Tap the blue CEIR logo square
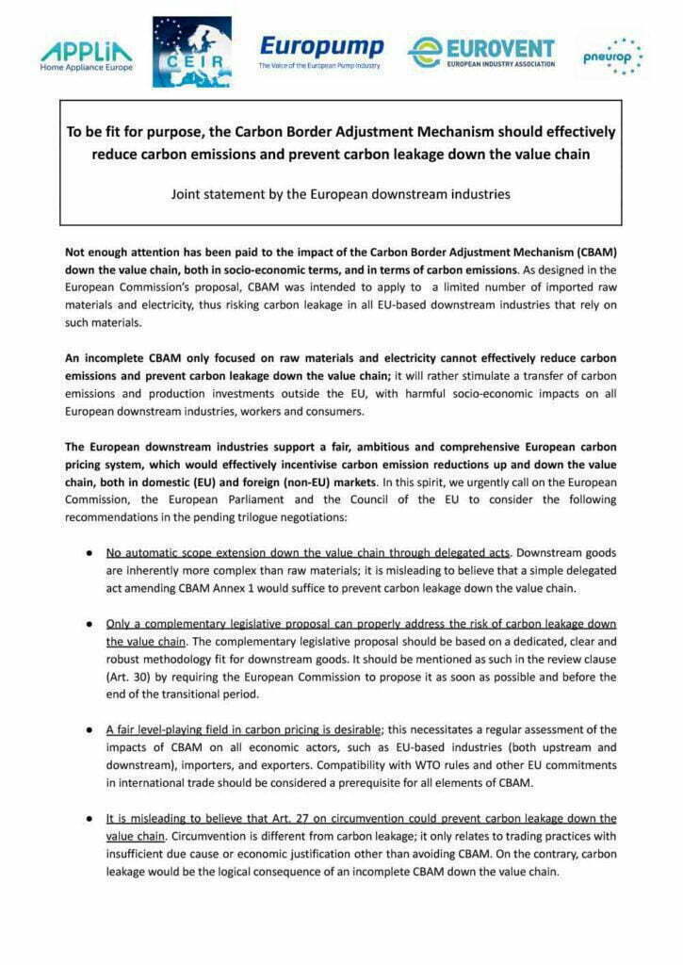click(191, 52)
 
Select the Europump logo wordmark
click(321, 47)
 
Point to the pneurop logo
click(613, 57)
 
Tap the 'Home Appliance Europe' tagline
click(87, 69)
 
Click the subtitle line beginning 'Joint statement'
click(340, 194)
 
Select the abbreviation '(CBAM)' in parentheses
click(593, 253)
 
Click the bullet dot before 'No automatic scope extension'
click(89, 552)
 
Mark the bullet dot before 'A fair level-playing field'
click(89, 729)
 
